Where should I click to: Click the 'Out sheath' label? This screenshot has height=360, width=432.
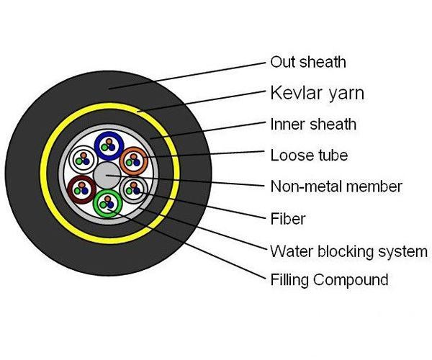pyautogui.click(x=307, y=63)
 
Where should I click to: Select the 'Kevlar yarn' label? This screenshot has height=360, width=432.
pyautogui.click(x=317, y=94)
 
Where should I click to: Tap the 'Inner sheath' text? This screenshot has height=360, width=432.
pyautogui.click(x=312, y=124)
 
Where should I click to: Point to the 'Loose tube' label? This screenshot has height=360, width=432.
pyautogui.click(x=309, y=156)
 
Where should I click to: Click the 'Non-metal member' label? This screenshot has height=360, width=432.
pyautogui.click(x=336, y=186)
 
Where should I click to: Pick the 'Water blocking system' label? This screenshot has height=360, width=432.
pyautogui.click(x=348, y=251)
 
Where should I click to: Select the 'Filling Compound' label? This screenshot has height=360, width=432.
pyautogui.click(x=329, y=279)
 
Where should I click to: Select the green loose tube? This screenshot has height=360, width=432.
pyautogui.click(x=108, y=204)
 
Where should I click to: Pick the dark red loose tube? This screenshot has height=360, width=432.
pyautogui.click(x=81, y=189)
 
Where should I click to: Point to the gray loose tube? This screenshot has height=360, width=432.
pyautogui.click(x=133, y=189)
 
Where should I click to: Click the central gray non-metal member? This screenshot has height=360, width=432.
pyautogui.click(x=107, y=174)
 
